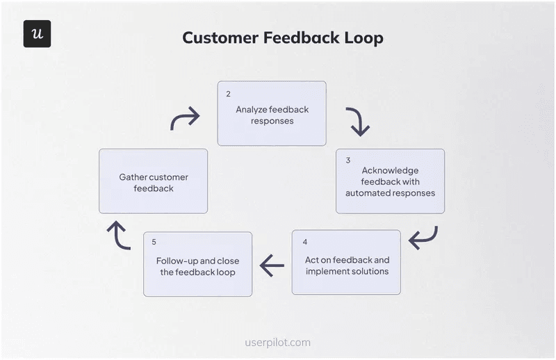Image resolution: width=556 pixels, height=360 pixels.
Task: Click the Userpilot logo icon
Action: [x=37, y=34]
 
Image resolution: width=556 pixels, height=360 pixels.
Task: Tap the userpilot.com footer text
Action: [x=278, y=343]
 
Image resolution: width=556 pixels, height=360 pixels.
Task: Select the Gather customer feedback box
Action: [x=153, y=181]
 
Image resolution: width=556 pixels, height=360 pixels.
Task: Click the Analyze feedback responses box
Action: [x=272, y=114]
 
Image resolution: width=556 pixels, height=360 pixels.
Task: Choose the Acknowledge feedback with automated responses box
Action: [x=390, y=181]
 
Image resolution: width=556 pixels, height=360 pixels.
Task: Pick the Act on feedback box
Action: [x=346, y=263]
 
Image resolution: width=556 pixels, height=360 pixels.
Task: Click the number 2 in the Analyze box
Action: [x=228, y=93]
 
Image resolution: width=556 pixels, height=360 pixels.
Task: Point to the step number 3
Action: [x=347, y=160]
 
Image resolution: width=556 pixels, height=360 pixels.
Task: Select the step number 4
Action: [x=304, y=242]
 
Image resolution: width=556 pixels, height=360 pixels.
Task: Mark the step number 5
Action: [x=154, y=242]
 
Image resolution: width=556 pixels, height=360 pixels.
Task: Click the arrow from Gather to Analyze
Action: [x=185, y=119]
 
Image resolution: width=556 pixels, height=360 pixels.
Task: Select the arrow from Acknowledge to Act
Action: [x=423, y=237]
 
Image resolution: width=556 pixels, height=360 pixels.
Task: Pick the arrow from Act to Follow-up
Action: [x=272, y=265]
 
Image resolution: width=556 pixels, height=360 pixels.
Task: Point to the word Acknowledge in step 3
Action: [x=390, y=170]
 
